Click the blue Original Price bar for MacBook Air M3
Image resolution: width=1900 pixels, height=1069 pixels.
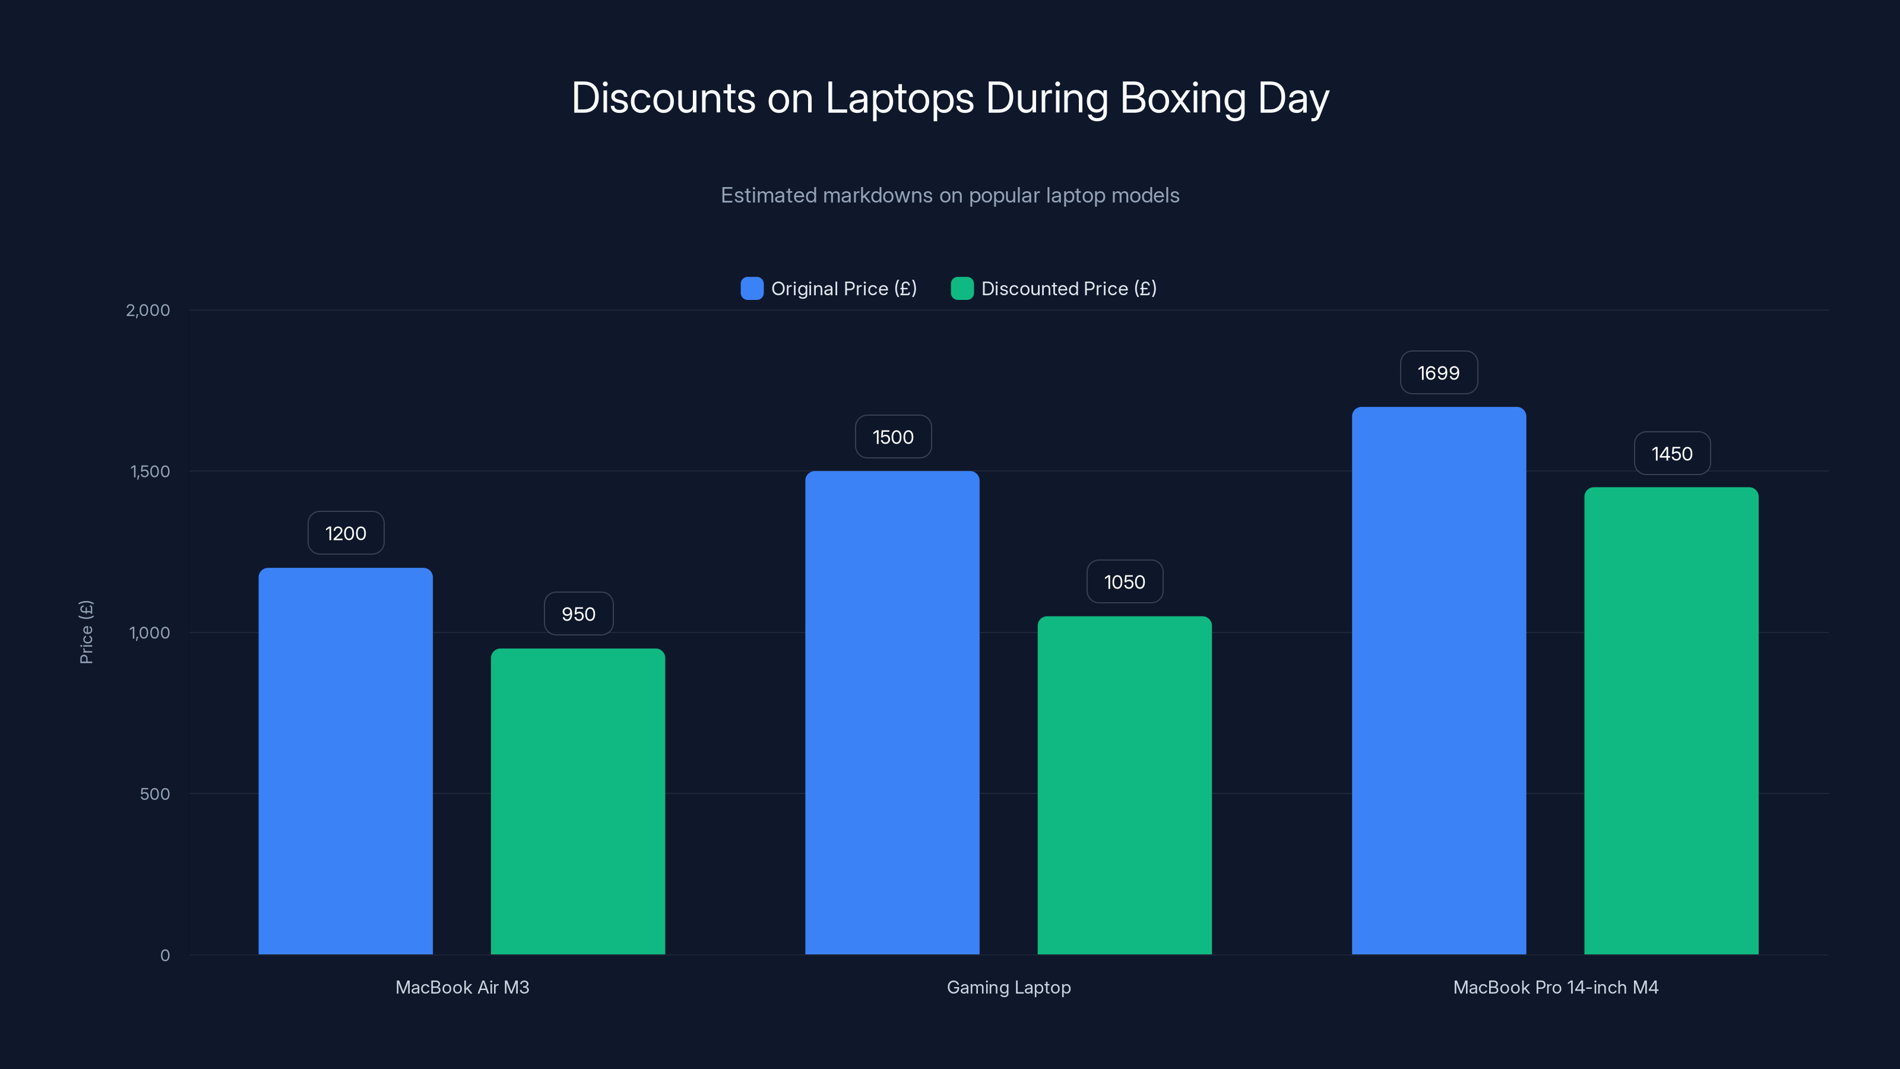point(345,760)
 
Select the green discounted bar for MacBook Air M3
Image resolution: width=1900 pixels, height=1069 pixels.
point(578,801)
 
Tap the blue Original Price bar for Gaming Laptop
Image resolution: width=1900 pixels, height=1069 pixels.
point(892,712)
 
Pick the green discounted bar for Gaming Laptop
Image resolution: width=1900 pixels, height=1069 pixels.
point(1124,784)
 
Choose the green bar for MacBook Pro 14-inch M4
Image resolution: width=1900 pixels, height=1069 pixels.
point(1671,720)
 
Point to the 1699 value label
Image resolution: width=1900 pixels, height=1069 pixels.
point(1438,372)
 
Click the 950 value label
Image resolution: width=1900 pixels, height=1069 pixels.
point(578,614)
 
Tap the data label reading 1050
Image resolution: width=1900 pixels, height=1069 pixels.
point(1124,582)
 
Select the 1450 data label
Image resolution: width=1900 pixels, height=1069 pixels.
point(1671,454)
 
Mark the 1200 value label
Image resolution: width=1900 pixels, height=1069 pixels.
point(345,533)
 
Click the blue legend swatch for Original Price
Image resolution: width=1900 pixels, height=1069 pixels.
point(752,289)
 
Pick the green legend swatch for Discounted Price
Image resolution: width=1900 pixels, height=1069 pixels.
point(962,289)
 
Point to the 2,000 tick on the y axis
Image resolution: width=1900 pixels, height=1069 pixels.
point(147,310)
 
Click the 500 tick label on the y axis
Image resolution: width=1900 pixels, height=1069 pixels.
point(154,794)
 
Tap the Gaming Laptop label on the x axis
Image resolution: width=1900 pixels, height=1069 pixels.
point(1008,987)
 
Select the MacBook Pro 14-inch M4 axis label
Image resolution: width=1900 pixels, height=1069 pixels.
point(1555,987)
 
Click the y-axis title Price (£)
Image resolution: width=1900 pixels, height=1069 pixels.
point(86,632)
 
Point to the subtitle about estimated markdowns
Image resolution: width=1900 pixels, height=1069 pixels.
point(949,195)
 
